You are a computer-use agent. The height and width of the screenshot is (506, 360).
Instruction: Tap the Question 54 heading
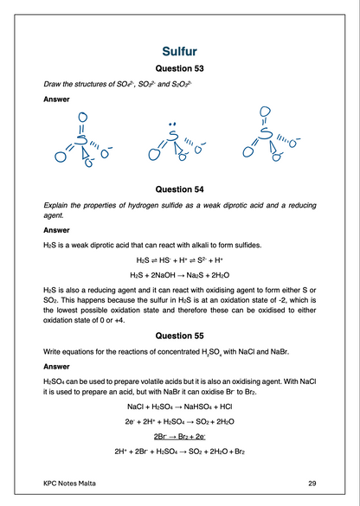tap(180, 188)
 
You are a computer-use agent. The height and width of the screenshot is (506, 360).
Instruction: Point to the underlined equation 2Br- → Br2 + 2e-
tap(180, 436)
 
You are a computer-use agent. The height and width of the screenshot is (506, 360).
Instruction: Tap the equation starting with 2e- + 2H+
tap(180, 422)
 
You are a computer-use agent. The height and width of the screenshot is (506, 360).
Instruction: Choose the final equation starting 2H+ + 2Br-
tap(180, 451)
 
